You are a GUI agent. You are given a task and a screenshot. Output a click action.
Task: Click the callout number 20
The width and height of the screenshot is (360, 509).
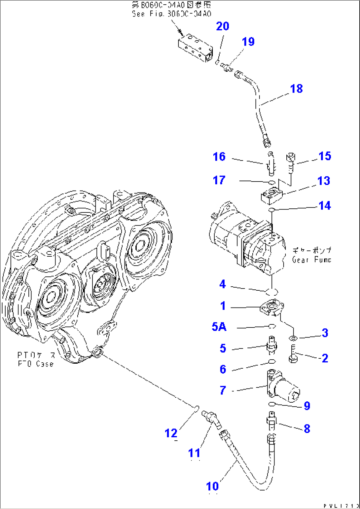[222, 26]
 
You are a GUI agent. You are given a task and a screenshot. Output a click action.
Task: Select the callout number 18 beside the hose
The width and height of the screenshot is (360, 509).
[296, 89]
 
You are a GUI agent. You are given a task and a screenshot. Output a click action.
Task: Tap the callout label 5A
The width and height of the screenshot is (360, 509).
[219, 327]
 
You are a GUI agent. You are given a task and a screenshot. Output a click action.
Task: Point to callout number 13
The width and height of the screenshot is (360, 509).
[323, 181]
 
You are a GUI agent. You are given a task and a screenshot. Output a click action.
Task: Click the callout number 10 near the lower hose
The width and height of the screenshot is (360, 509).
[212, 486]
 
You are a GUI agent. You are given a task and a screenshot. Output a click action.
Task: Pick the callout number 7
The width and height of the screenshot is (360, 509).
[223, 390]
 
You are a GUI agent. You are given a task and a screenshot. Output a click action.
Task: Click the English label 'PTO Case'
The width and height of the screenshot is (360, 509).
[35, 364]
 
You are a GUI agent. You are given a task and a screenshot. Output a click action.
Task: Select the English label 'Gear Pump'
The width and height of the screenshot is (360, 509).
[311, 260]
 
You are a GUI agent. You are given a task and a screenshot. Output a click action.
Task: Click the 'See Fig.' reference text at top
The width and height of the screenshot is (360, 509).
[171, 14]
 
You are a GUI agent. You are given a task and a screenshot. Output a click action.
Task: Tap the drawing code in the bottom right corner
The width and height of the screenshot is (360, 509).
[341, 506]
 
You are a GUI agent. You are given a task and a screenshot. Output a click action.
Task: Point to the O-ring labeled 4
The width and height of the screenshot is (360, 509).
[272, 292]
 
